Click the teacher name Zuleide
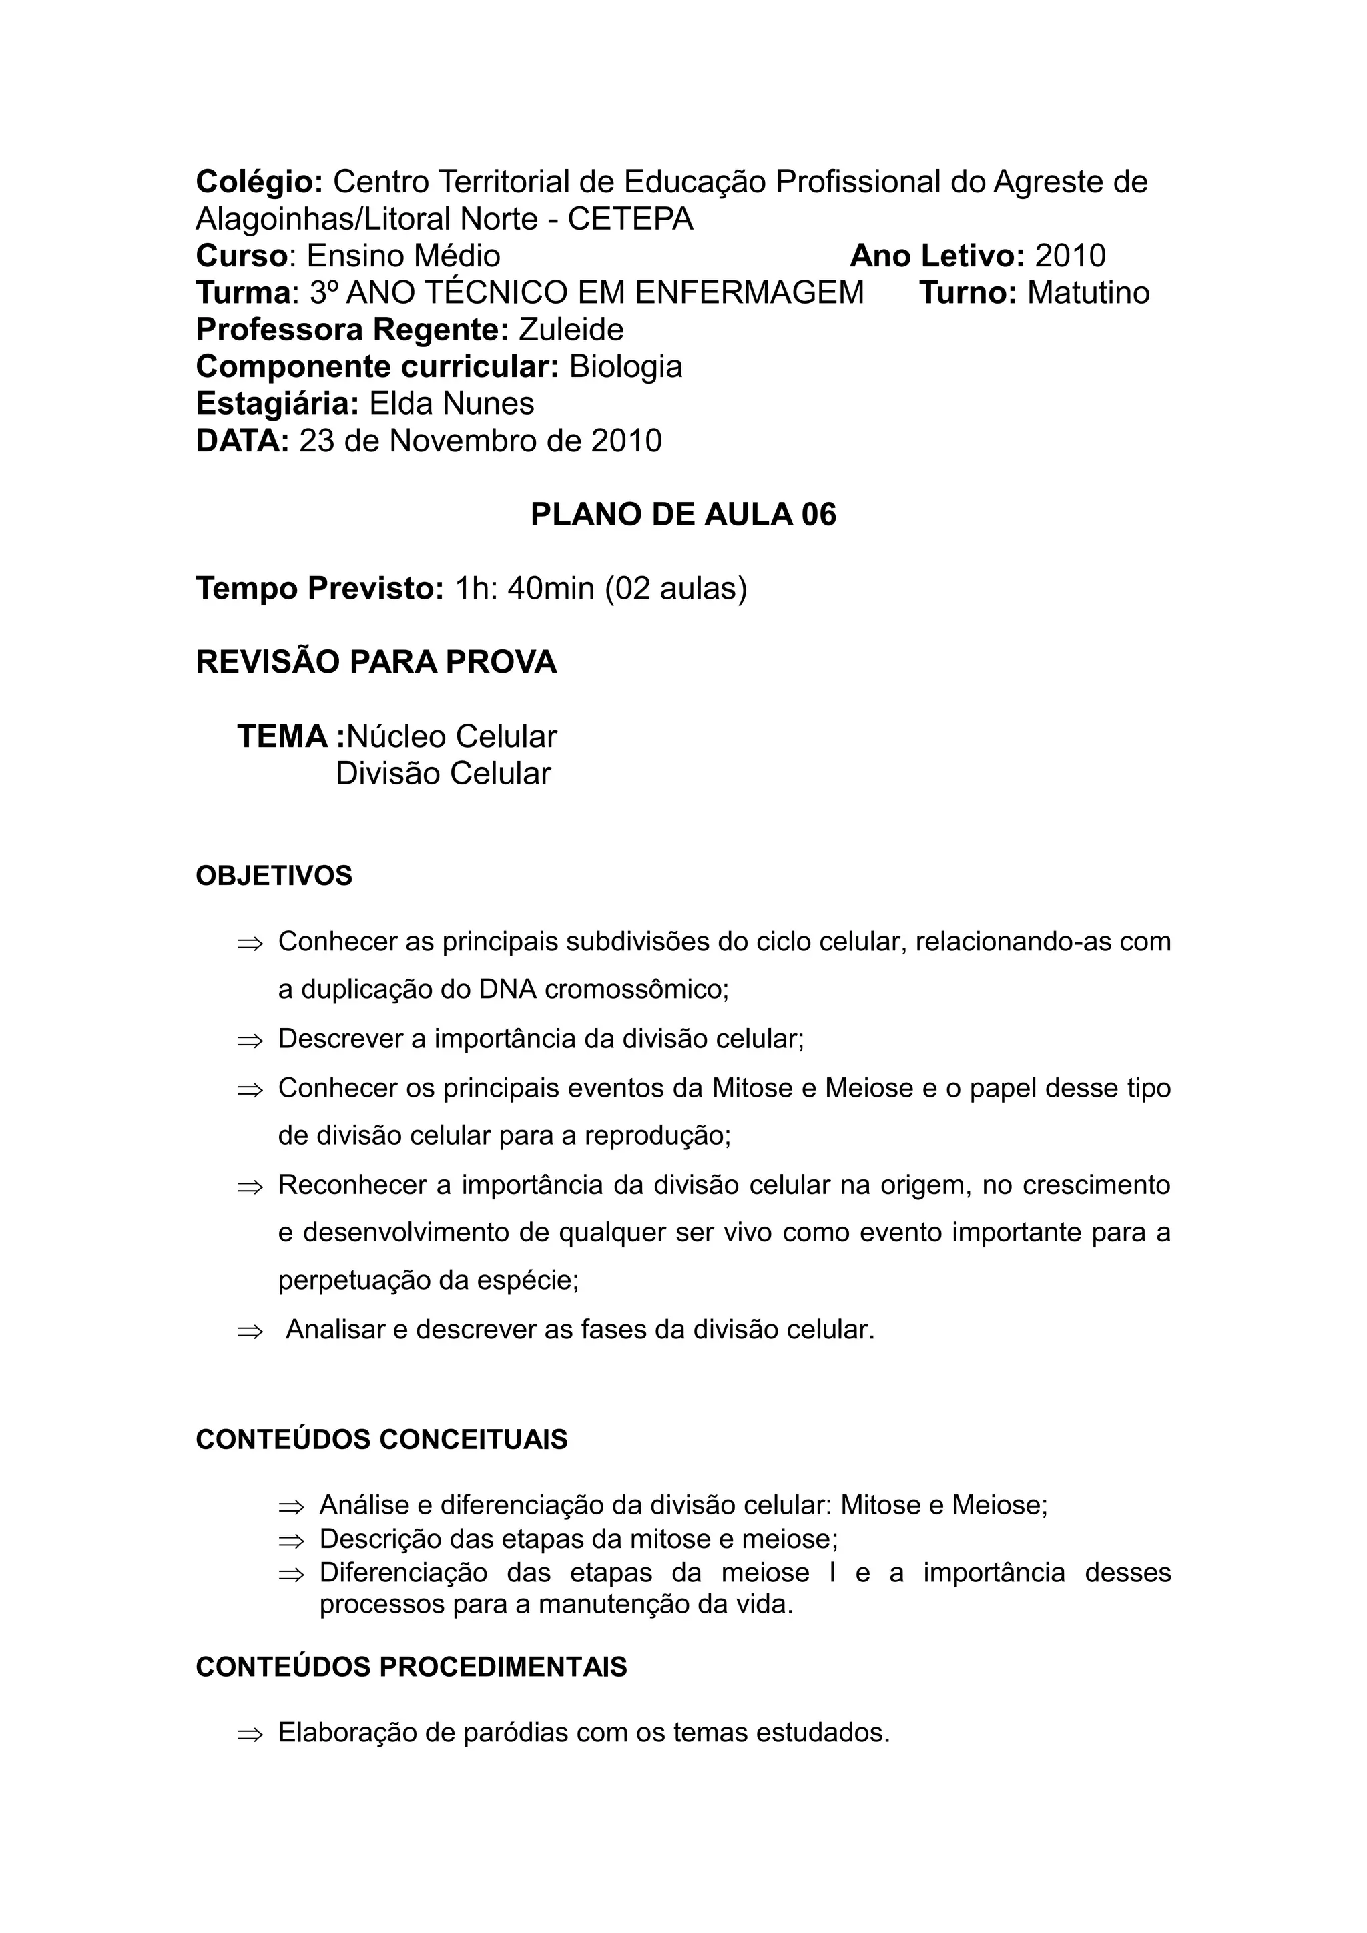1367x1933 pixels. (571, 330)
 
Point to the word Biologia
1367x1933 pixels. (625, 367)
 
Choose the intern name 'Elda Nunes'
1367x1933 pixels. (451, 404)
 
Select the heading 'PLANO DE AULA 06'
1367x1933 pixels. (683, 515)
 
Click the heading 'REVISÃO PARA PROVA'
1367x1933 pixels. (376, 663)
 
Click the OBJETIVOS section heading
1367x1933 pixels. (274, 876)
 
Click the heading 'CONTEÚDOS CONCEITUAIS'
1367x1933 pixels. (381, 1439)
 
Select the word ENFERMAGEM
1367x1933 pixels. (749, 293)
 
